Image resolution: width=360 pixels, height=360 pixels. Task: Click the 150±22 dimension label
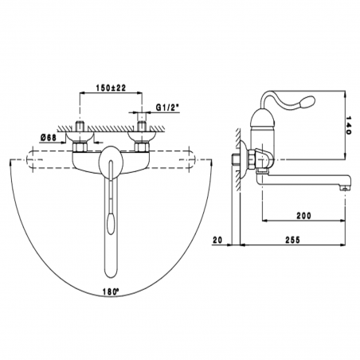click(108, 86)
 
